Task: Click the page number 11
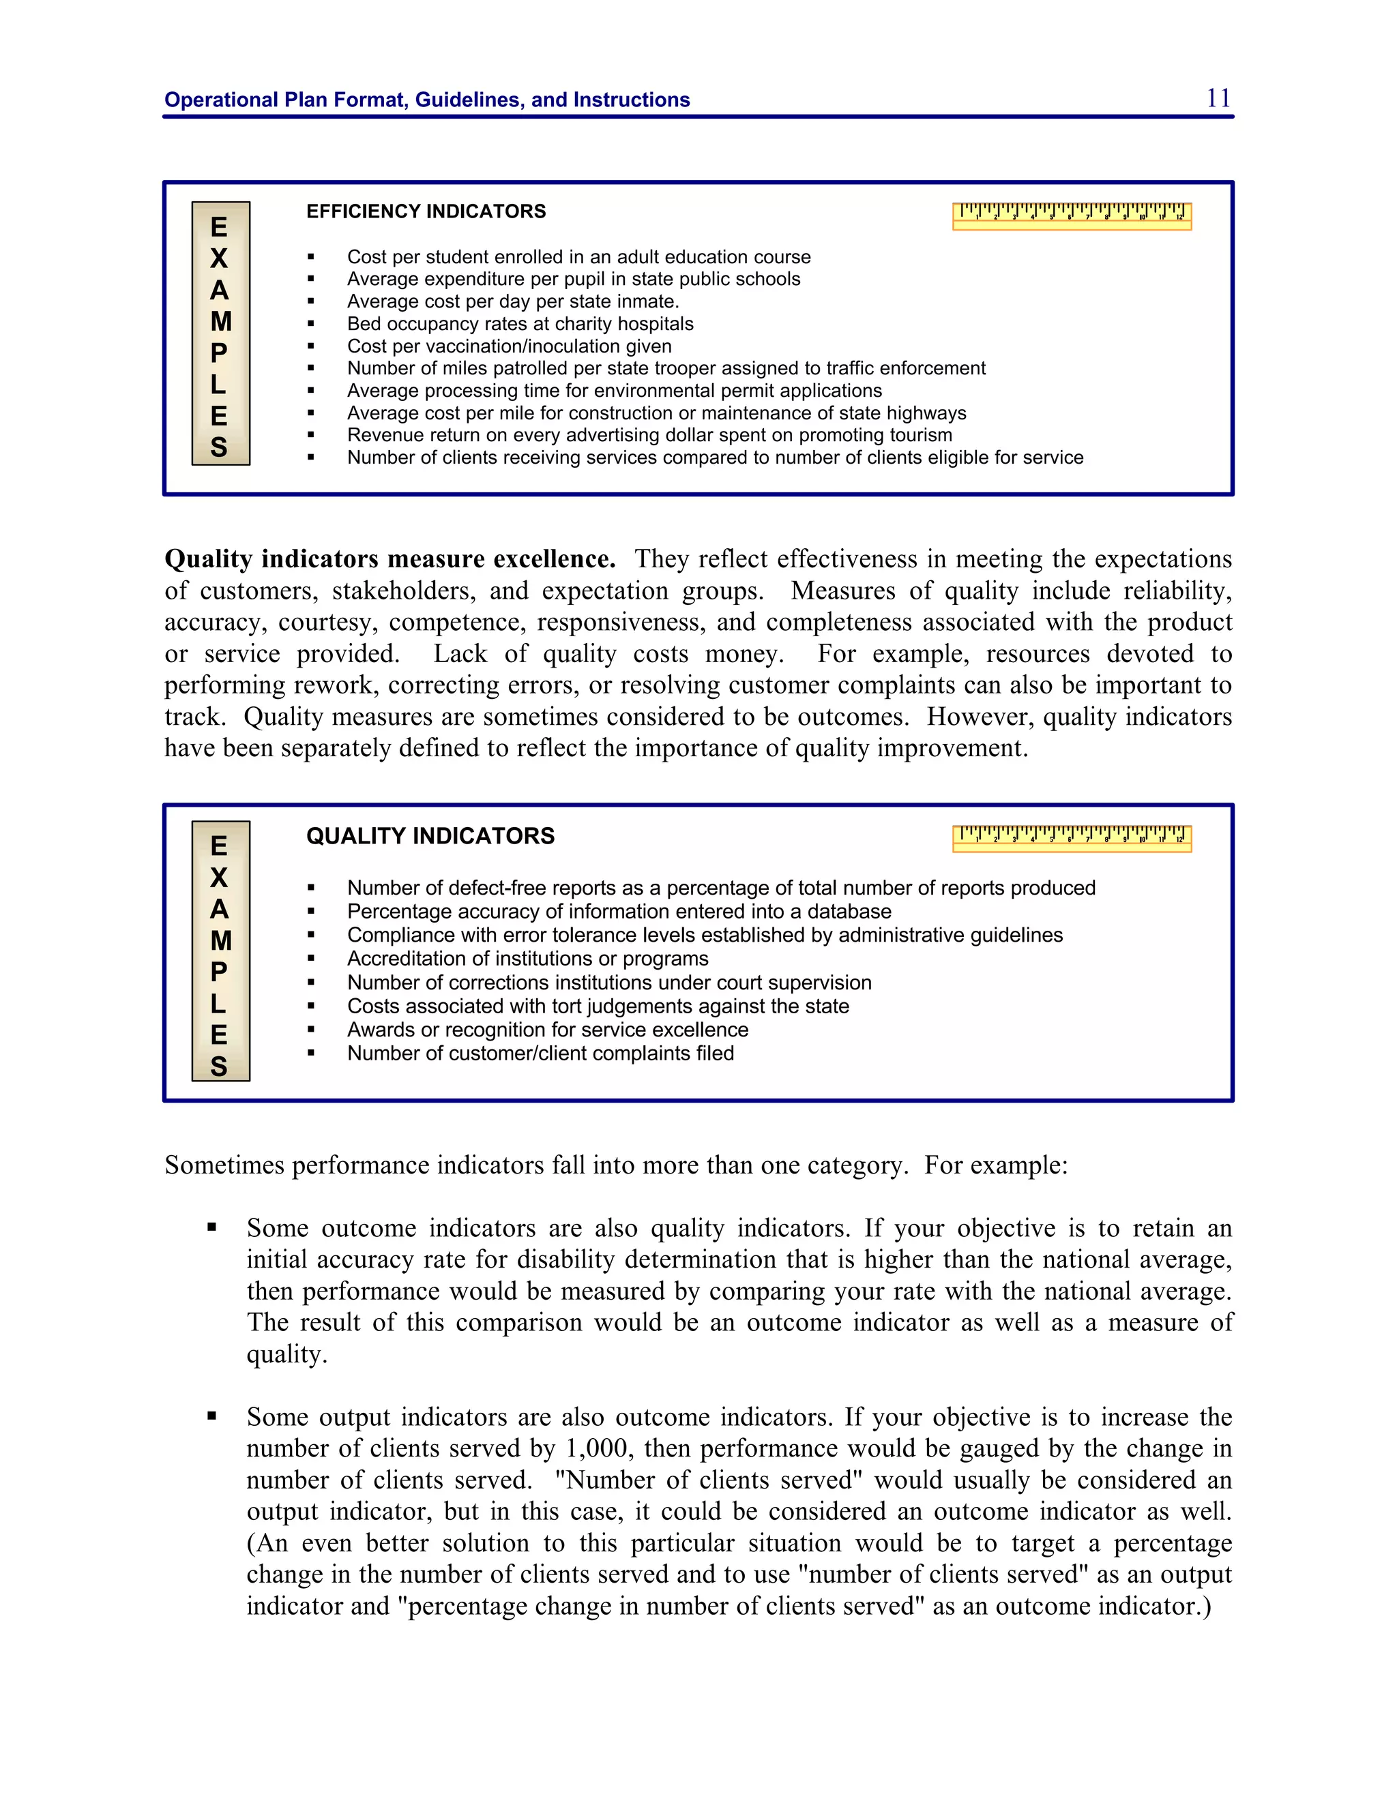click(1218, 98)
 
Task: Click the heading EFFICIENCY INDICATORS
click(426, 212)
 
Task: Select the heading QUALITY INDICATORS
click(430, 836)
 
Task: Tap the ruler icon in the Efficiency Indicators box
click(1072, 216)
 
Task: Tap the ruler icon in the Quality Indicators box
click(1072, 838)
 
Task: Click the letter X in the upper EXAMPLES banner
click(218, 258)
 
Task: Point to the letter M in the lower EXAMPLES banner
click(220, 941)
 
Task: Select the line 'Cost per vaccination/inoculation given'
click(509, 346)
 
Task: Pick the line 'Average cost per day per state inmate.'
click(512, 301)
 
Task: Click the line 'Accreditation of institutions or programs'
click(527, 958)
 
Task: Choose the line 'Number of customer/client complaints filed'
click(540, 1054)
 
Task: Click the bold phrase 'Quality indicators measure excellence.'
click(389, 559)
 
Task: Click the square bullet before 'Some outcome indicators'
click(212, 1228)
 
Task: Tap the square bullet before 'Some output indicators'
click(212, 1416)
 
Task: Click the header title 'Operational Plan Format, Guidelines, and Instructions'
click(427, 100)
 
